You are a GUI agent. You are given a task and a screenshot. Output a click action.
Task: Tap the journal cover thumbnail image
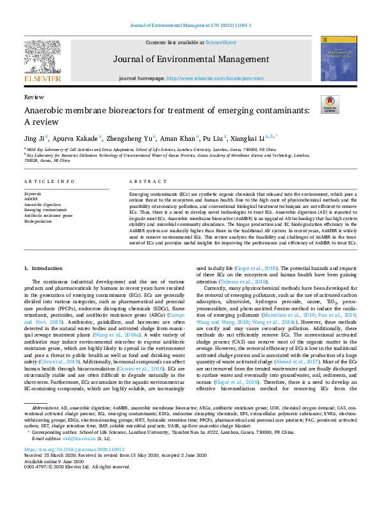(x=339, y=58)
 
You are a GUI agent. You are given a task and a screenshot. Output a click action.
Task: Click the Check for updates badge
(x=330, y=105)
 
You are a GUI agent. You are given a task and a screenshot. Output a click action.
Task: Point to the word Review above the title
(x=33, y=97)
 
